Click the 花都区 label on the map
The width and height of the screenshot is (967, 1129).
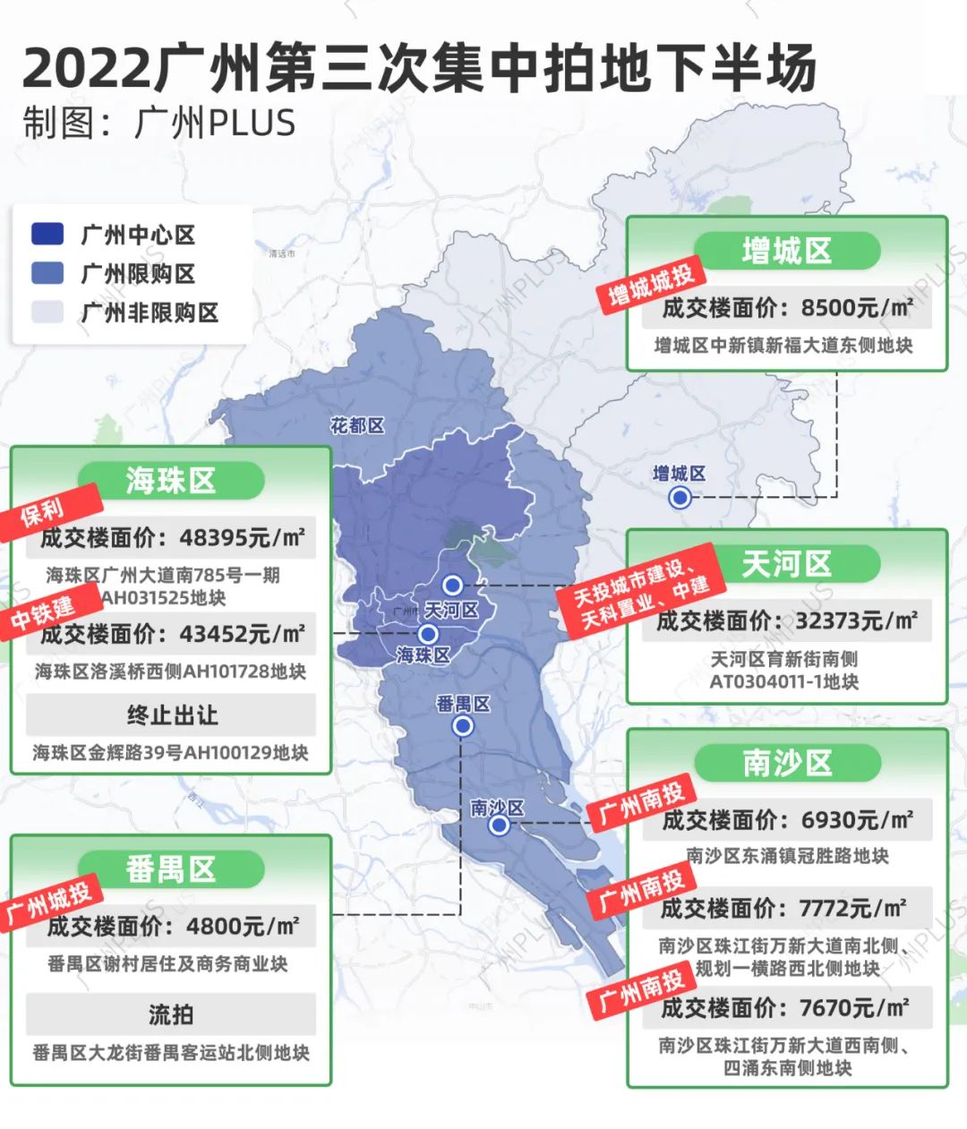(357, 426)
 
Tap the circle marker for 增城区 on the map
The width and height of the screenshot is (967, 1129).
(680, 497)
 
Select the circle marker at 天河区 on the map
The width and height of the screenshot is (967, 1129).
(453, 586)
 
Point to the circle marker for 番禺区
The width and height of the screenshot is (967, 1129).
(463, 725)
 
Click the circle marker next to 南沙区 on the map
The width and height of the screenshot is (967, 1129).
(499, 825)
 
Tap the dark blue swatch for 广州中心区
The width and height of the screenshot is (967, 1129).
(47, 235)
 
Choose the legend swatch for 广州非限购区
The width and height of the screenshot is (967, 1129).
(47, 312)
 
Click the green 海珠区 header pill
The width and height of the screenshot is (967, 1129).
(171, 481)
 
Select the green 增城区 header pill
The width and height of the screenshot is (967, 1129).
(786, 251)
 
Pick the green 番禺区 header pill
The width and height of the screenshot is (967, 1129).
(171, 869)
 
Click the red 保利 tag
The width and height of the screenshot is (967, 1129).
(44, 512)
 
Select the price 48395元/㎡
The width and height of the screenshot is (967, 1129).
(242, 538)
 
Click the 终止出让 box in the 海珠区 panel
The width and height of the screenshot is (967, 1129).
(171, 715)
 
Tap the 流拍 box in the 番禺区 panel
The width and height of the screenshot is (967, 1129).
(171, 1014)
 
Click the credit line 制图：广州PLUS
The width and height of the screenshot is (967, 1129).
(159, 124)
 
